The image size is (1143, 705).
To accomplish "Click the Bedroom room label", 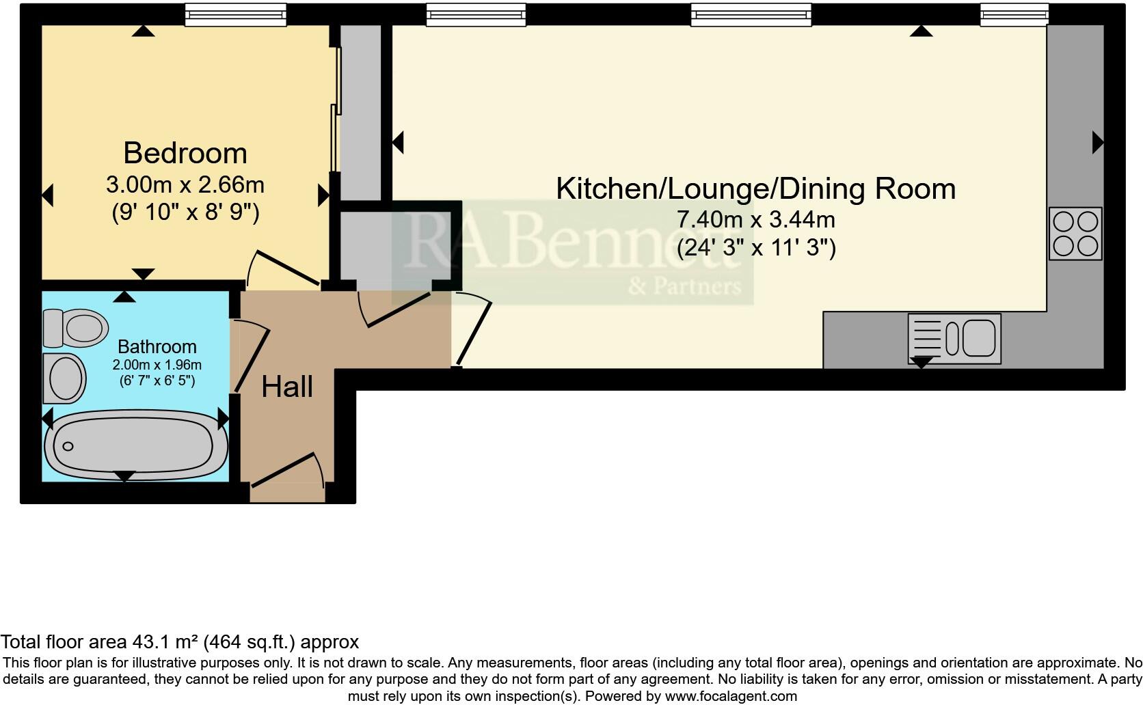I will click(x=185, y=153).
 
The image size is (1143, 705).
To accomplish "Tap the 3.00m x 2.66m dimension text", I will click(x=185, y=185).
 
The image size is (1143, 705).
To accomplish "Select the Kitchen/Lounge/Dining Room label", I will click(x=755, y=189).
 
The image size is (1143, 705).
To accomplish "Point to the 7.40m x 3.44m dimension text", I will click(x=755, y=220).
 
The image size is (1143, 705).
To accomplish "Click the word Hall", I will click(x=287, y=387).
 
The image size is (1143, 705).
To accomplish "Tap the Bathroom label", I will click(x=157, y=346).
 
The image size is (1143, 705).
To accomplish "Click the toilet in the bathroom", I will click(x=75, y=328).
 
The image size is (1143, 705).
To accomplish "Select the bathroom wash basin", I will click(x=64, y=378).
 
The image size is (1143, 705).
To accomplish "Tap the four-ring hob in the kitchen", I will click(x=1075, y=234).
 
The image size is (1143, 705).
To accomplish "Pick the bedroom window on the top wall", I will click(x=236, y=15).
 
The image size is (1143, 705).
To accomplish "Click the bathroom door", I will click(x=252, y=359).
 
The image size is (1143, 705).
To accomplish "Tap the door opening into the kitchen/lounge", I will click(x=473, y=330).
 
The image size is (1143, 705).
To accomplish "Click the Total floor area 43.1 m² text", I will click(x=179, y=642).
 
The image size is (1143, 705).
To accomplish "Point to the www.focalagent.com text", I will click(x=731, y=697).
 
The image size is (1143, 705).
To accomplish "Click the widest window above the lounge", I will click(x=751, y=15).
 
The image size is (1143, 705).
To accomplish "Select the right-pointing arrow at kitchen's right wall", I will click(x=1098, y=143).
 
